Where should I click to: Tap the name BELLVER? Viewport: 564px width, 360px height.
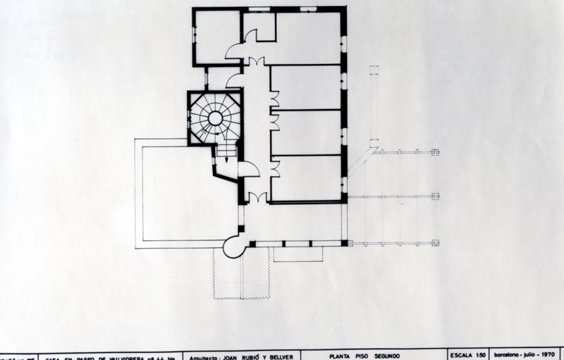point(290,356)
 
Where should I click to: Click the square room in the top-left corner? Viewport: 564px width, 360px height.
point(216,37)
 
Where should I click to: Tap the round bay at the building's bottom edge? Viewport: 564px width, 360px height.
point(234,246)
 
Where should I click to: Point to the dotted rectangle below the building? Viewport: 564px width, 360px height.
point(241,274)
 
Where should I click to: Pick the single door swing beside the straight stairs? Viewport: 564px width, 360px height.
point(248,169)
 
